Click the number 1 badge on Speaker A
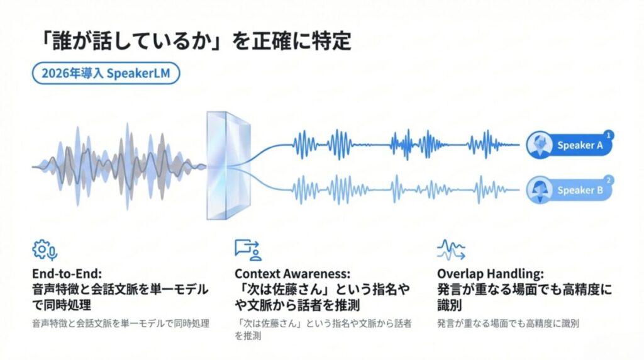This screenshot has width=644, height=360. coord(608,134)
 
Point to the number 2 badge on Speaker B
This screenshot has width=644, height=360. coord(608,180)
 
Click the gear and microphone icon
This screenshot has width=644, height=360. coord(45,250)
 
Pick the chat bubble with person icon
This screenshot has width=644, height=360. coord(248,250)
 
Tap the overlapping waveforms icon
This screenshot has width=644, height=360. coord(450,250)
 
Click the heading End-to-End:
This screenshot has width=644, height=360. coord(69,274)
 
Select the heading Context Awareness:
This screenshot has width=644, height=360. coord(292,274)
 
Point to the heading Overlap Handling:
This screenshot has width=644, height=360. coord(490,274)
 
